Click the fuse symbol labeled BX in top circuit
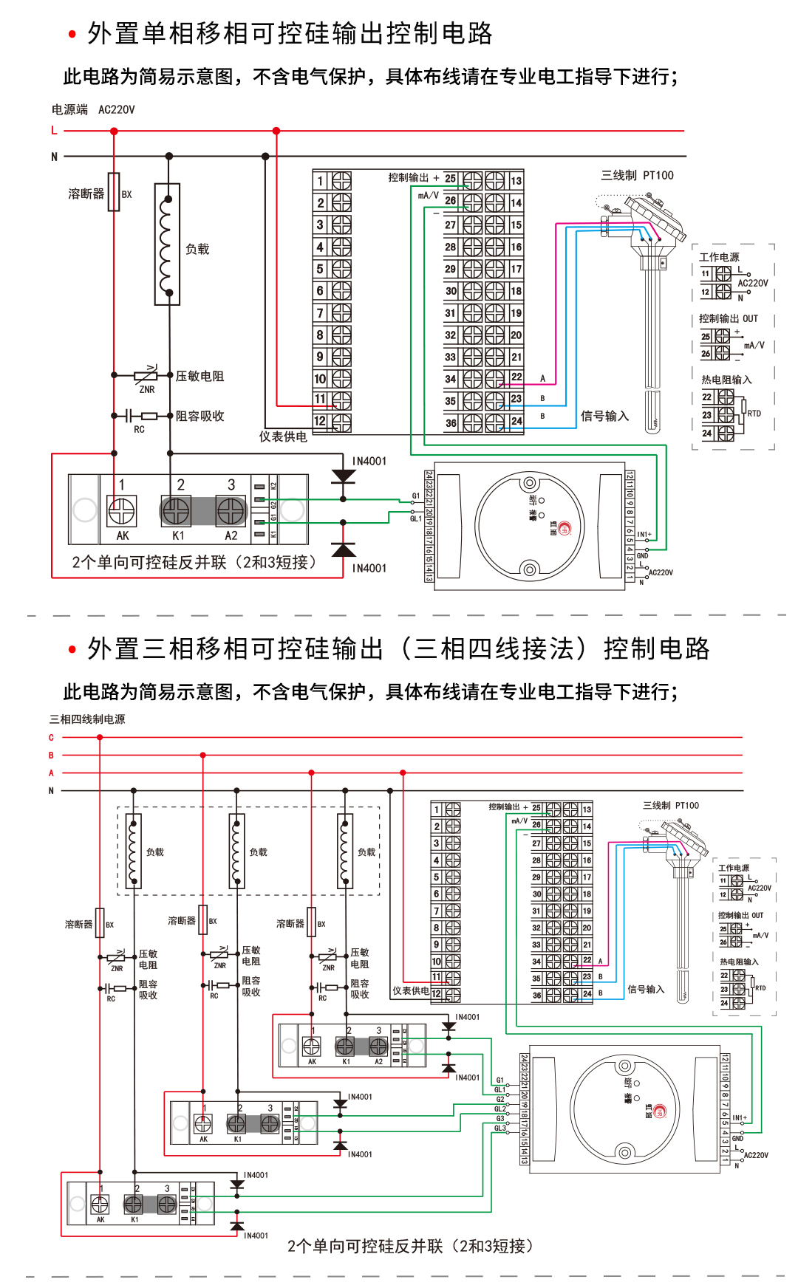pos(114,193)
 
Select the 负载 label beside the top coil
pos(197,250)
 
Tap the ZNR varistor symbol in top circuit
pos(146,376)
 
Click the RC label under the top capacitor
pos(139,429)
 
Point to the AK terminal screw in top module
pos(122,510)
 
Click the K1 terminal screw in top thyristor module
pos(176,510)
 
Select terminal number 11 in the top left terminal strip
pos(320,400)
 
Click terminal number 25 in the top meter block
pos(450,179)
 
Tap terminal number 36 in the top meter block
pos(451,423)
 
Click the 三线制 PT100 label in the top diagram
pos(637,176)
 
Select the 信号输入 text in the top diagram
pos(604,417)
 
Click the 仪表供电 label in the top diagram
pos(283,437)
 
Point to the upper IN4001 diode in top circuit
pos(343,476)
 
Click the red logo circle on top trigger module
pos(565,528)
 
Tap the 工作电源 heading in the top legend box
pos(719,257)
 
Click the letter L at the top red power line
pos(54,131)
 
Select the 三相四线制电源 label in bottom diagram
pos(87,719)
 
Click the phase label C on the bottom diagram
pos(51,738)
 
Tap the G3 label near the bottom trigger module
pos(500,1119)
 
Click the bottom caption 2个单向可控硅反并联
pos(409,1247)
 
